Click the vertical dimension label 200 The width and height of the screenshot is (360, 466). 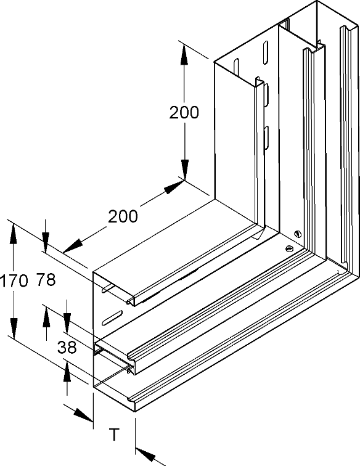[184, 112]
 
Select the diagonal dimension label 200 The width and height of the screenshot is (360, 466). [123, 216]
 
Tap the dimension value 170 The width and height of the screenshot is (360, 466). [14, 281]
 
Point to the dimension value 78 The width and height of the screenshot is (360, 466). [46, 280]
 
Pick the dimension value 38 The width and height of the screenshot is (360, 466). [67, 347]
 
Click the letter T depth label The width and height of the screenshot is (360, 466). [114, 434]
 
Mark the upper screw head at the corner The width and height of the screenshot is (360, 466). [298, 234]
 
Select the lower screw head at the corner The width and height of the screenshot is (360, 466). [289, 248]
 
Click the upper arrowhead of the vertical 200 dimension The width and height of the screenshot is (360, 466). [184, 54]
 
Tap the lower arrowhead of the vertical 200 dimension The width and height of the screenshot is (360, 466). [184, 170]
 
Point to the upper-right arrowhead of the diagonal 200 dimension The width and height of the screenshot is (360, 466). [174, 187]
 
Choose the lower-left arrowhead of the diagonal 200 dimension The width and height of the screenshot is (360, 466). [73, 245]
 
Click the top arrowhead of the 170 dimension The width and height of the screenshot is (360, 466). [13, 234]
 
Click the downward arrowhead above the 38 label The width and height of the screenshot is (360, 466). [67, 322]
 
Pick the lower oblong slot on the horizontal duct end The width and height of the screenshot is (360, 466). [112, 317]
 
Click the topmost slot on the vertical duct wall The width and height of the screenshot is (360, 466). [264, 52]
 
